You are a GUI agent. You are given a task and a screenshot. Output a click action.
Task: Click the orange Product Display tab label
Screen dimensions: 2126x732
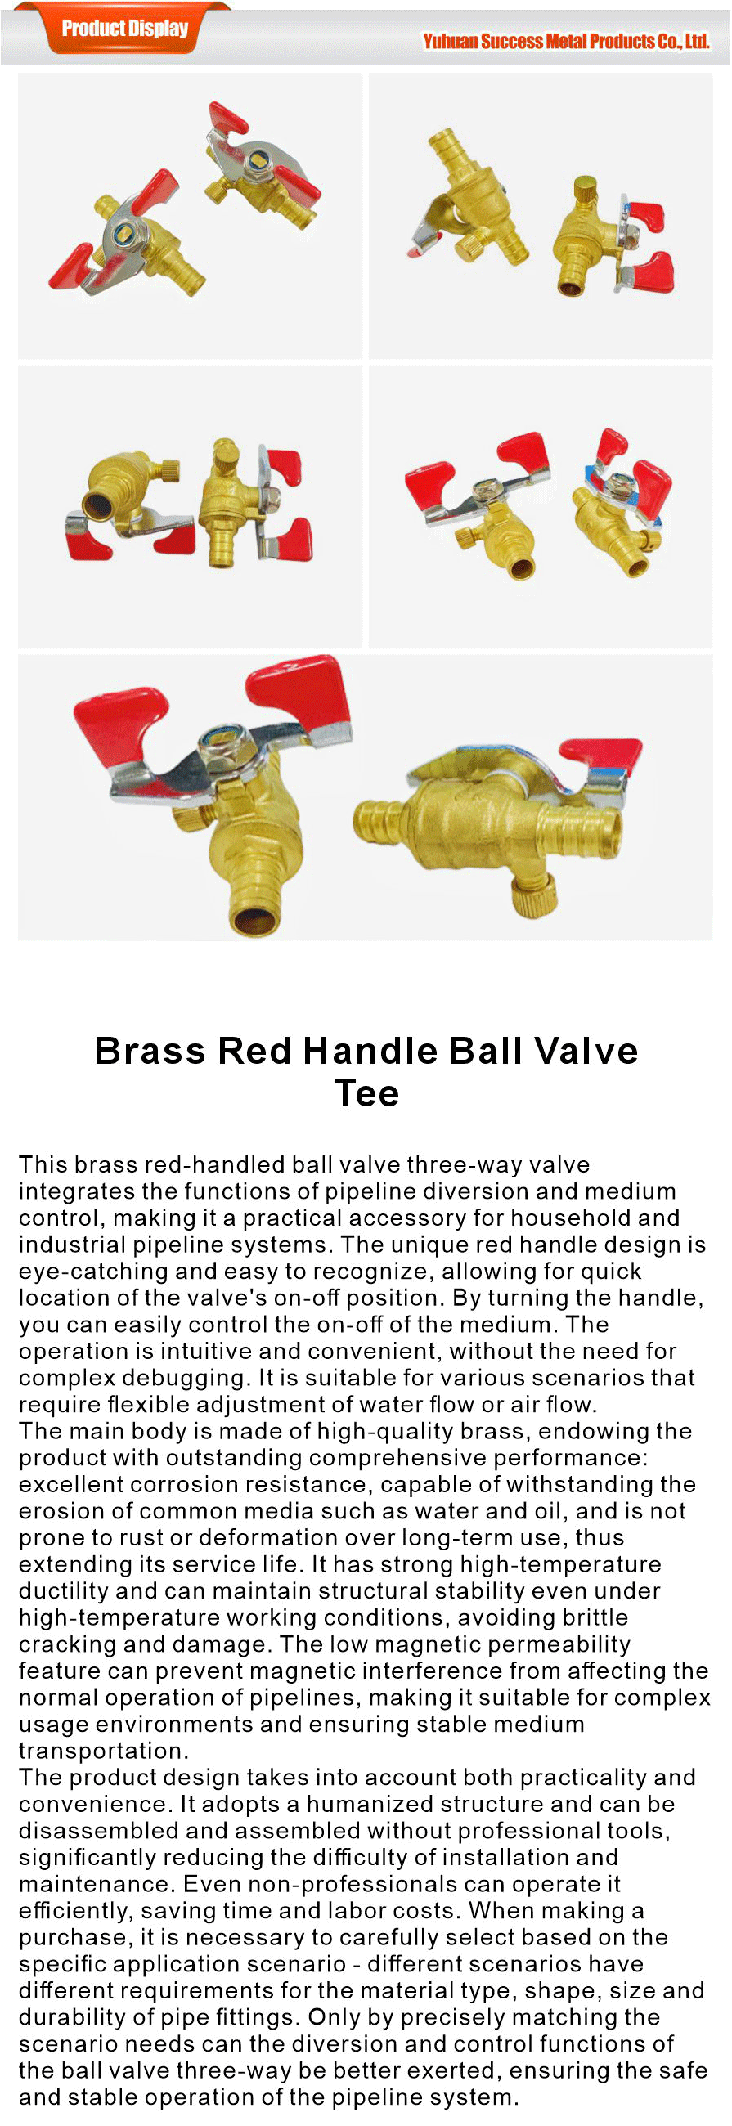click(x=124, y=28)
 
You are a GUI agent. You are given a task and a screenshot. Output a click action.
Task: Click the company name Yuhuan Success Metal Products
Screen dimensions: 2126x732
click(x=565, y=41)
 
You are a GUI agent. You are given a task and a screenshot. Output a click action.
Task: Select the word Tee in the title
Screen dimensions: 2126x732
click(x=366, y=1093)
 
